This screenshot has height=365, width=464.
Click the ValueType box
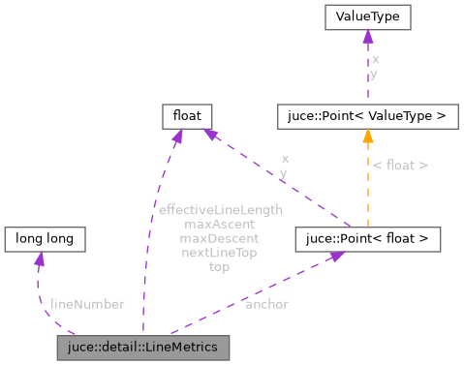[x=367, y=17]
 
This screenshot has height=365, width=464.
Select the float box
[x=187, y=116]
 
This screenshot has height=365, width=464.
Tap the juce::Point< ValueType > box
[x=366, y=116]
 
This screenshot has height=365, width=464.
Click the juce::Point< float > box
[x=368, y=238]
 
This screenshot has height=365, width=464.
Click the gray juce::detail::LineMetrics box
[x=143, y=347]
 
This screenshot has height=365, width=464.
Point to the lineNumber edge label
[x=87, y=304]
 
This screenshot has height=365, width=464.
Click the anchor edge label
[x=266, y=304]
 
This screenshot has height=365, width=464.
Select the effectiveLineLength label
[x=220, y=209]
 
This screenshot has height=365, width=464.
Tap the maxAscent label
[x=220, y=224]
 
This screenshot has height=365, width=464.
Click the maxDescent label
[x=220, y=238]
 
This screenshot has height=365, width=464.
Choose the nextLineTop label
[x=220, y=253]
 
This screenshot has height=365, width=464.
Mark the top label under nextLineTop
[x=220, y=267]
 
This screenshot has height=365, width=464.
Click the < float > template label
[x=400, y=166]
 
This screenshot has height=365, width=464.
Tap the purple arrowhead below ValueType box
[x=367, y=37]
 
